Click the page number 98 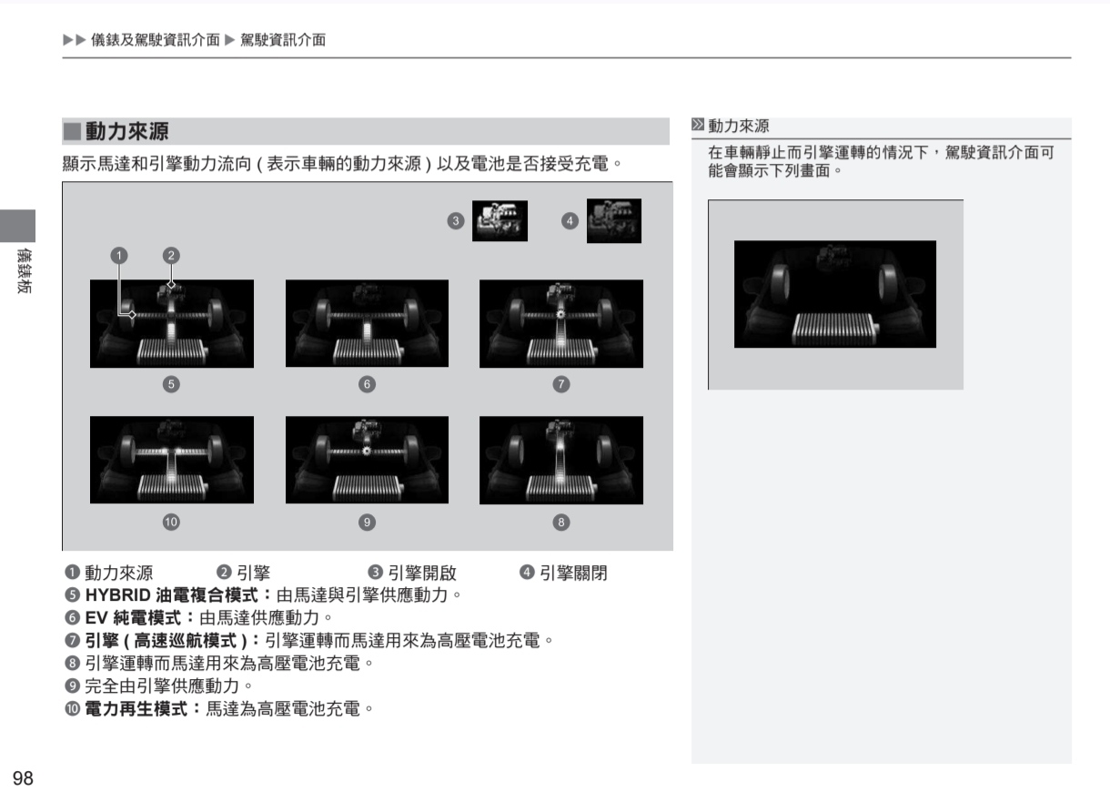click(x=23, y=778)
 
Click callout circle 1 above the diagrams click(x=119, y=256)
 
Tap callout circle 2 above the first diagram click(x=171, y=256)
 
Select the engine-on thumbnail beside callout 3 click(x=499, y=221)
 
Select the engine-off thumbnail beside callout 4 click(x=614, y=221)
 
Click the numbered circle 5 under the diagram click(x=171, y=384)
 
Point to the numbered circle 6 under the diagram click(x=367, y=384)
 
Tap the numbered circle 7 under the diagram click(x=561, y=384)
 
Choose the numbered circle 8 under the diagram click(x=561, y=522)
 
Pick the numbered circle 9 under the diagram click(x=367, y=522)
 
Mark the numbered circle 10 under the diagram click(x=171, y=522)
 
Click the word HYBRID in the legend click(x=118, y=595)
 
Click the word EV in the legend click(x=96, y=618)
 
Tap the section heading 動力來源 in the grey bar click(x=126, y=131)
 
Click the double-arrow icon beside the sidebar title click(x=698, y=125)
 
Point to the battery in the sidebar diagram click(x=834, y=329)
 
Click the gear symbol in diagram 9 click(x=366, y=451)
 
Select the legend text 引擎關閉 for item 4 click(x=573, y=573)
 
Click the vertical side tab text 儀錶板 click(x=24, y=270)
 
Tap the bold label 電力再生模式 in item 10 click(x=136, y=709)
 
